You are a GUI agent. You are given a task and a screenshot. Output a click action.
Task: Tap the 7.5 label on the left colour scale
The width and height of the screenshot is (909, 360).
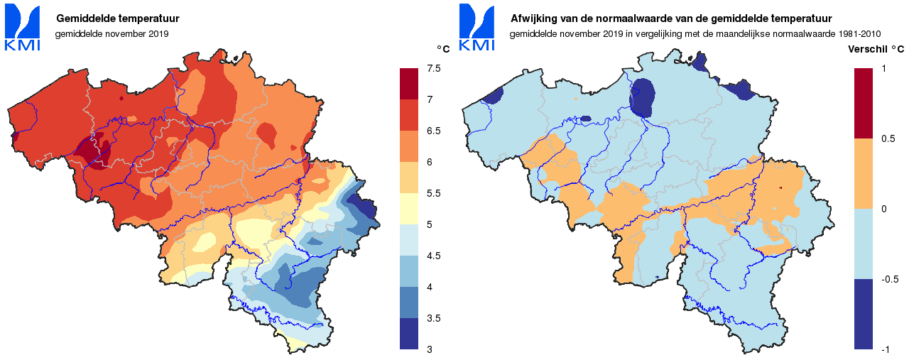[433, 68]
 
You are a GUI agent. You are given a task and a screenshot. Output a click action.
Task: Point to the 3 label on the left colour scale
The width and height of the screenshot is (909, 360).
[430, 349]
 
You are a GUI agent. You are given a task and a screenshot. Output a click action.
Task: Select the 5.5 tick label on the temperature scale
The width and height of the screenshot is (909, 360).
[433, 193]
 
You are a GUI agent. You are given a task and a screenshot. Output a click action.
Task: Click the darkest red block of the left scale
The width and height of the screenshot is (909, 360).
[409, 84]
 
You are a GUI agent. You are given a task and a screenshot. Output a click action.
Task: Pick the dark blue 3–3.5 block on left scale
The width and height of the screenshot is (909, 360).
[409, 334]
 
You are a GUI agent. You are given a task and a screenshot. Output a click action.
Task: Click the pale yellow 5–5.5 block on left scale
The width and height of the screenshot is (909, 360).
[409, 209]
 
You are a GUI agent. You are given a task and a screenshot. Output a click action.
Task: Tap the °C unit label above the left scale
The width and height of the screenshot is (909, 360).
[443, 48]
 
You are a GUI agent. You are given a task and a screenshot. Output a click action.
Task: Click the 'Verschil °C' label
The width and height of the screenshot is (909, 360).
[876, 49]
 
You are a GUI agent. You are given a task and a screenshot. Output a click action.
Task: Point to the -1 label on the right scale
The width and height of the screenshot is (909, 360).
[886, 349]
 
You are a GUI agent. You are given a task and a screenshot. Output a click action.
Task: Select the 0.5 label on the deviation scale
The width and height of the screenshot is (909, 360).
[887, 138]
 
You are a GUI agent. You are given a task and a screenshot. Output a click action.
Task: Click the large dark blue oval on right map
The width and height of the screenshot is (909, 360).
[643, 97]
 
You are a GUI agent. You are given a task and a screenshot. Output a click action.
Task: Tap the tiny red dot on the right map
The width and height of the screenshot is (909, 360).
[780, 187]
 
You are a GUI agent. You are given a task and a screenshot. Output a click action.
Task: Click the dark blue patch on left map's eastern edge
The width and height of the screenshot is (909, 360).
[366, 209]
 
